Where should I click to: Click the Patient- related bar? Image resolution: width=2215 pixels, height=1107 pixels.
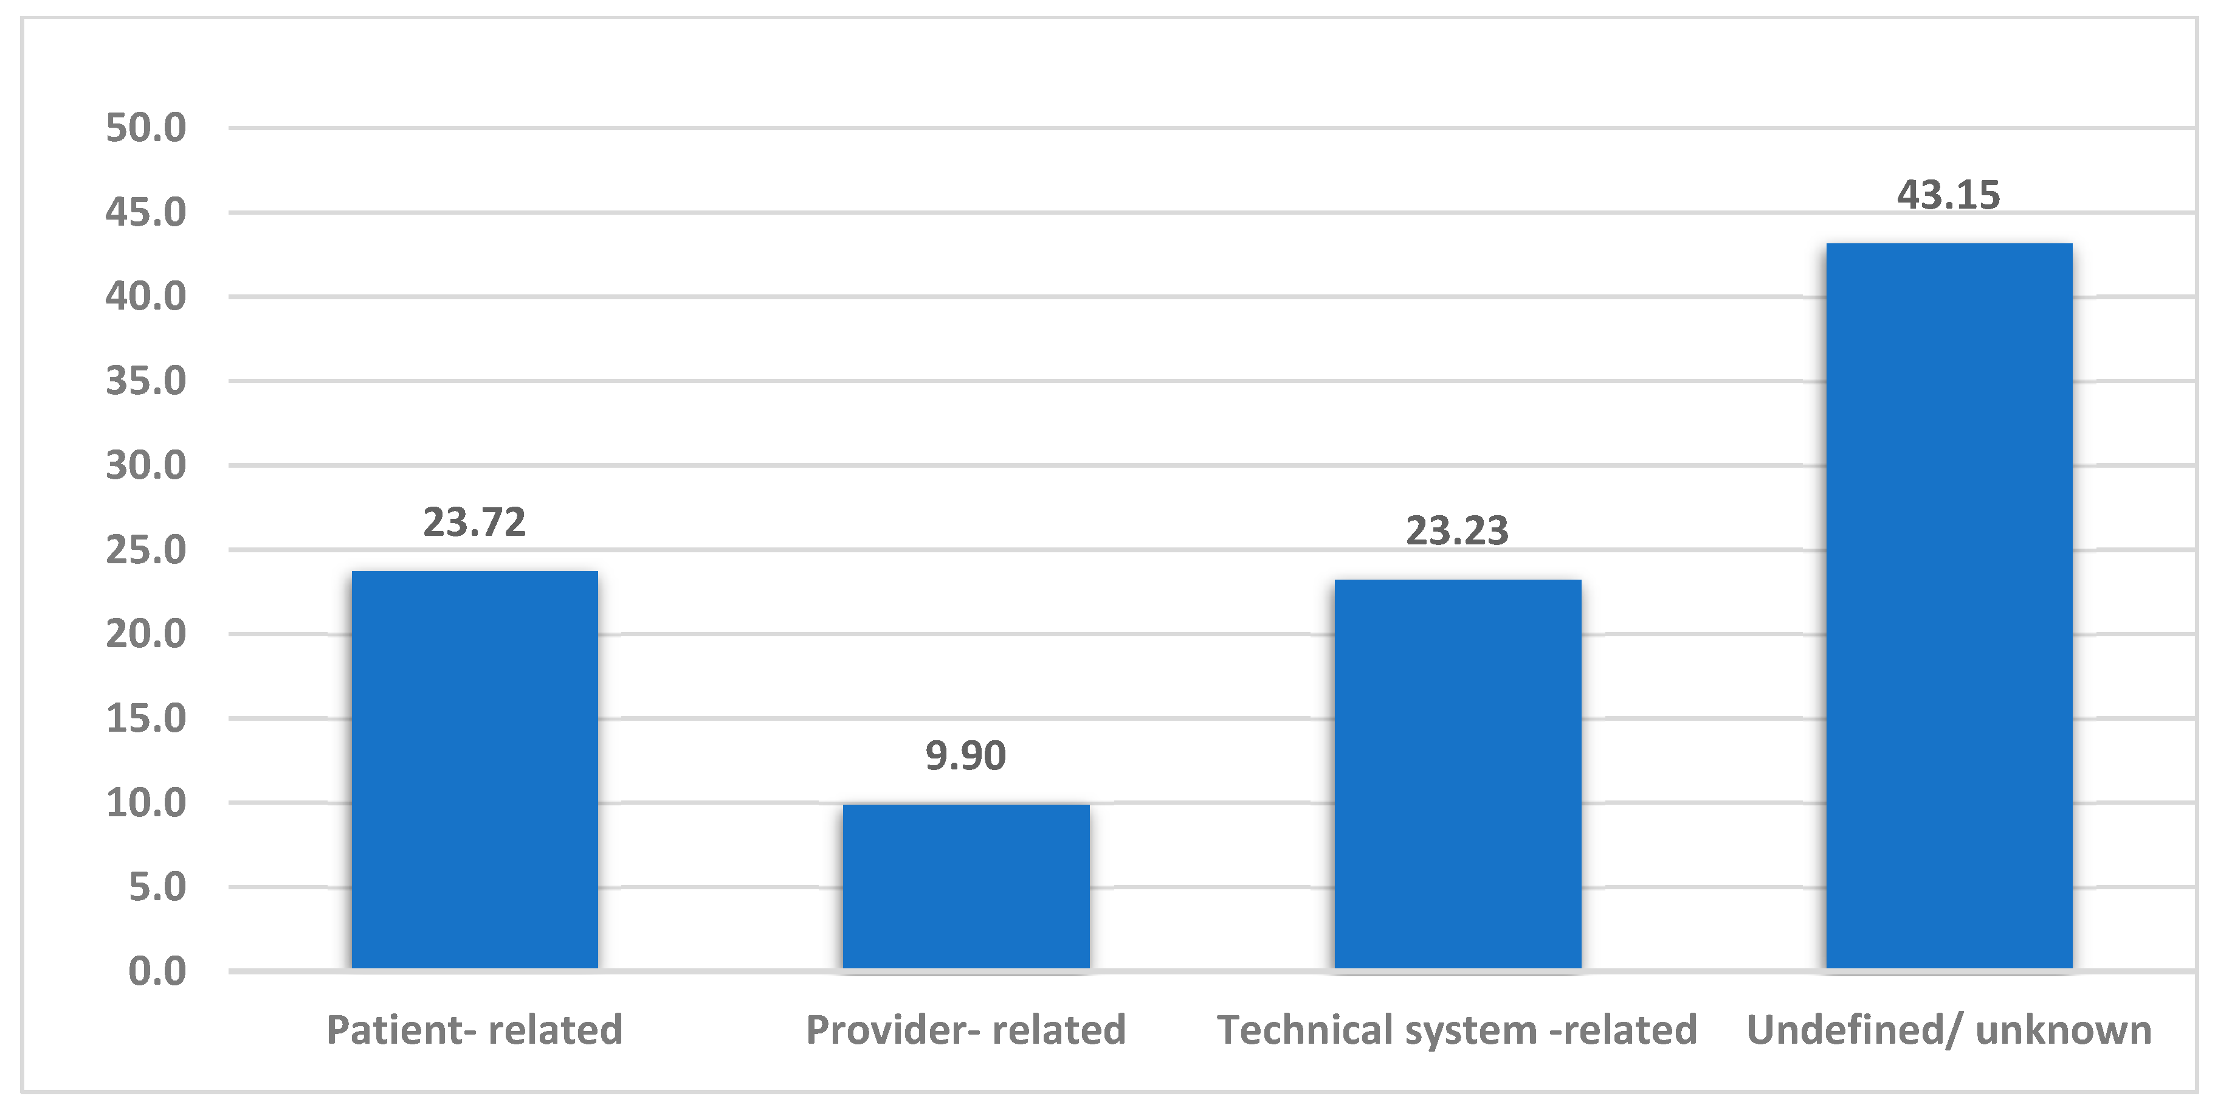tap(475, 770)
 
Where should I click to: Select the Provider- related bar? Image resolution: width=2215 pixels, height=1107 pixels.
tap(966, 887)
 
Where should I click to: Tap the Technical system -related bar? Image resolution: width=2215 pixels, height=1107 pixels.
tap(1458, 774)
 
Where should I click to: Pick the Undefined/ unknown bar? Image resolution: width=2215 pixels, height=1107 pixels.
tap(1949, 606)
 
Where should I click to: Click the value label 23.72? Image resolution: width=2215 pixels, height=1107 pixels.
tap(475, 522)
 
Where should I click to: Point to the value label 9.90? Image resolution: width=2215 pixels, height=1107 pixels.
tap(966, 756)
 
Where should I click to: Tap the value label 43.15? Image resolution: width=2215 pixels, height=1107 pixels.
tap(1949, 195)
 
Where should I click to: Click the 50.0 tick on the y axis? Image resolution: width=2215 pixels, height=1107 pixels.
tap(146, 128)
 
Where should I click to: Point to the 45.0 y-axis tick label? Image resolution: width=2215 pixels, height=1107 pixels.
tap(146, 212)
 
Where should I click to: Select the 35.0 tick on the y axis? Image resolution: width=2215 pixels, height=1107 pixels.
tap(146, 381)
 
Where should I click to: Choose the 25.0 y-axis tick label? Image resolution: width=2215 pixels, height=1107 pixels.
tap(146, 550)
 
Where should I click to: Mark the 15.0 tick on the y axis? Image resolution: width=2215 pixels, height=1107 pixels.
tap(146, 718)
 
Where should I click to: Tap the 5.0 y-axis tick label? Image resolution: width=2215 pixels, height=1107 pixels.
tap(157, 887)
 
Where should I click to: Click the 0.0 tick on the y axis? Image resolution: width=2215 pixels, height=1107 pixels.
tap(157, 971)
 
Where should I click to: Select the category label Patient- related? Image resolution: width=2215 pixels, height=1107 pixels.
tap(475, 1030)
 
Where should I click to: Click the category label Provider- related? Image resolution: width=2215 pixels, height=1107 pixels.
tap(966, 1030)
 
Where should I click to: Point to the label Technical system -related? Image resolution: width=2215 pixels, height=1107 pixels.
tap(1458, 1030)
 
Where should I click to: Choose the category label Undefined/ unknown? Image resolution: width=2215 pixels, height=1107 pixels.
tap(1949, 1030)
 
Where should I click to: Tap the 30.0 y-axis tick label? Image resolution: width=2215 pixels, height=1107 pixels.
tap(146, 465)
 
